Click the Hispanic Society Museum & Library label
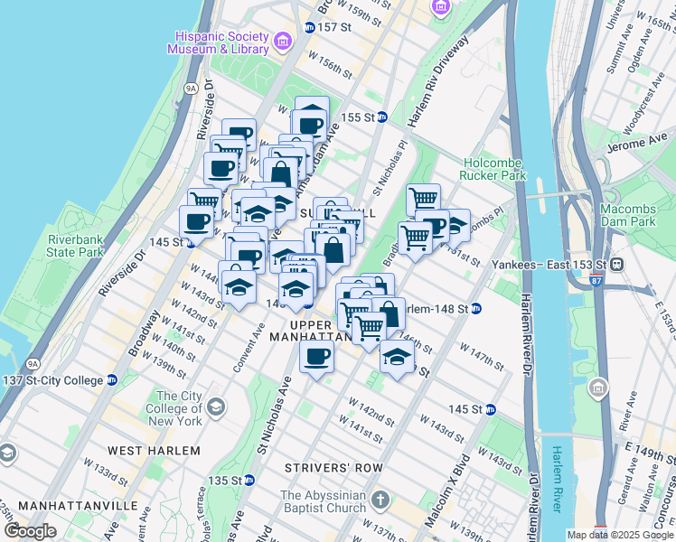(x=218, y=42)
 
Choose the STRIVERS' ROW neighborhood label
(x=333, y=468)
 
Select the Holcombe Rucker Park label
(x=493, y=169)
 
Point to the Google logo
(x=30, y=531)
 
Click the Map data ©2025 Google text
(x=620, y=534)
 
